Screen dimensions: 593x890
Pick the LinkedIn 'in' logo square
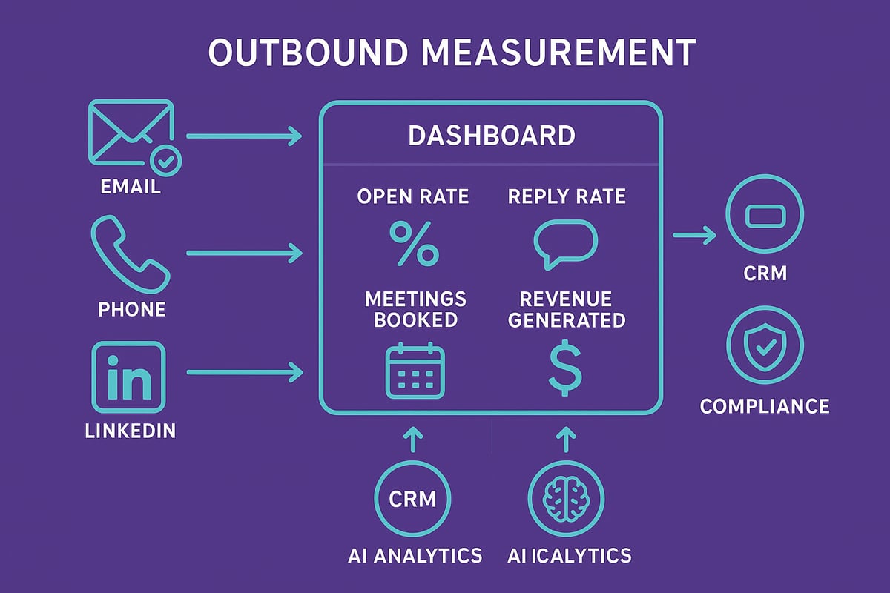pyautogui.click(x=127, y=377)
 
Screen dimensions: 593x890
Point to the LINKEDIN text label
pyautogui.click(x=131, y=431)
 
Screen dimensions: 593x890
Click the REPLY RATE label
pyautogui.click(x=567, y=196)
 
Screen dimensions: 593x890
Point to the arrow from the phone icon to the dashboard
pyautogui.click(x=245, y=254)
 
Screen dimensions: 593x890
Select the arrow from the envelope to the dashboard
pyautogui.click(x=245, y=136)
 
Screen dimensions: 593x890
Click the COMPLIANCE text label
pyautogui.click(x=765, y=406)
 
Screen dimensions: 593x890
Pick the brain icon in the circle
pyautogui.click(x=565, y=497)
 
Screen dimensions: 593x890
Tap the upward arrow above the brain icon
pyautogui.click(x=565, y=440)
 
